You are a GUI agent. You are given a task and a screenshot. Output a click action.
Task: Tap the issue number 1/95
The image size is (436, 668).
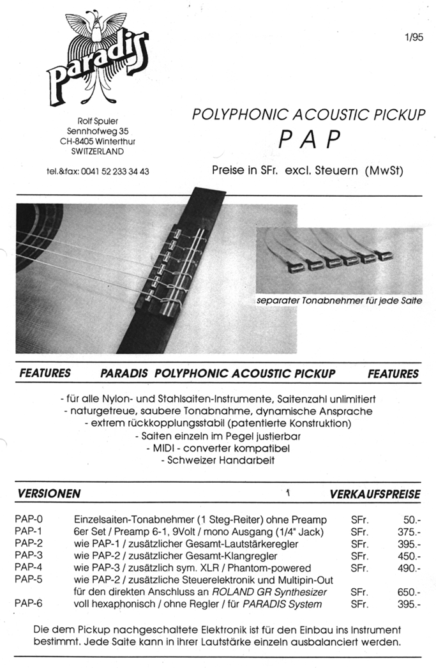(413, 37)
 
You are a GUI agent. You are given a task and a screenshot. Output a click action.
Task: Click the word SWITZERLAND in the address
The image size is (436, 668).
(98, 151)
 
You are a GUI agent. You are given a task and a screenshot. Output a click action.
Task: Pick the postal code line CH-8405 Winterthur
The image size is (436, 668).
(98, 141)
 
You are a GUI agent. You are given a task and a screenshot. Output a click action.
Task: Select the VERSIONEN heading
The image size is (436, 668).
(49, 494)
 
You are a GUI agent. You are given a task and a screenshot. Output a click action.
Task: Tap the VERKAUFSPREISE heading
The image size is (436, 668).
(375, 494)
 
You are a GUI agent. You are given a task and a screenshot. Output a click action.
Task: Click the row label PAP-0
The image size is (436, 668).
(28, 520)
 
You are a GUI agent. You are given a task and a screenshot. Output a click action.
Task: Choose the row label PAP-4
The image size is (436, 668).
(28, 568)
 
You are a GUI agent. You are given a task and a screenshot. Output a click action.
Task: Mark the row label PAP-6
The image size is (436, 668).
(28, 603)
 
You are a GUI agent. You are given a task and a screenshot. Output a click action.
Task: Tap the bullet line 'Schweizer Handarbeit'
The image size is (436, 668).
(218, 460)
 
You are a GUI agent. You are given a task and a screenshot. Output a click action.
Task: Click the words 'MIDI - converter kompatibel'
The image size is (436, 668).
(218, 448)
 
